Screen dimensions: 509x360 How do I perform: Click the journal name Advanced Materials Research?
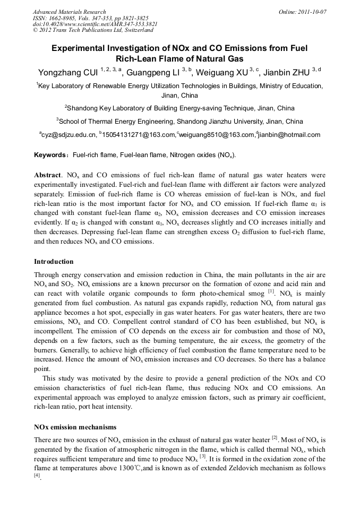tap(69, 12)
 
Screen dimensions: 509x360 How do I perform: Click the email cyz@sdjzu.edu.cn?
tap(69, 135)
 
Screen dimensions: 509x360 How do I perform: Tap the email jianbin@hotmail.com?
tap(289, 135)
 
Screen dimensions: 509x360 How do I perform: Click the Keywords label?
tap(49, 155)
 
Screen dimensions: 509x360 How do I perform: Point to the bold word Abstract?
tap(47, 175)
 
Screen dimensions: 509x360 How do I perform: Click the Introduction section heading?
tap(54, 262)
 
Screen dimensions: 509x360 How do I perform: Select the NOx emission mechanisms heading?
tap(75, 427)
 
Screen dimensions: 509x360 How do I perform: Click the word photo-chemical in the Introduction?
tap(215, 292)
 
